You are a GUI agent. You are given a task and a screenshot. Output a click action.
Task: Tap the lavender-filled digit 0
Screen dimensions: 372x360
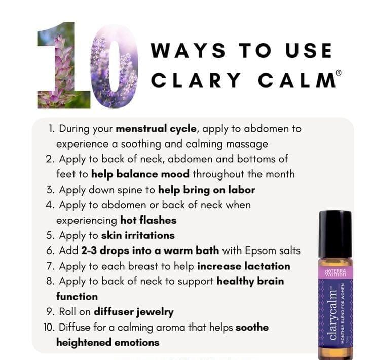coord(114,66)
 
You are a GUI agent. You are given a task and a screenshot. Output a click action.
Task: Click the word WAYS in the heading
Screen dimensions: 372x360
coord(188,50)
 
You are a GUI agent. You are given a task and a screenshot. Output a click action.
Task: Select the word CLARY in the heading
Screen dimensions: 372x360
coord(196,80)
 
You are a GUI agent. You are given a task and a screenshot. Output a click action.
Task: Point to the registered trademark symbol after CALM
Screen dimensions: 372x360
coord(339,73)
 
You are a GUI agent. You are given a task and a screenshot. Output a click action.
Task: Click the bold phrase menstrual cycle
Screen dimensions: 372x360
coord(156,129)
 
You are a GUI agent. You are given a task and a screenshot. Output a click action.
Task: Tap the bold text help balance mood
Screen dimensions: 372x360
coord(140,174)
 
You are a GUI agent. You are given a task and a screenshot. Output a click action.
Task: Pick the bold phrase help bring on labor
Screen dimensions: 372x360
coord(207,190)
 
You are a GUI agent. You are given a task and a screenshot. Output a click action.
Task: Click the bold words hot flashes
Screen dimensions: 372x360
coord(148,220)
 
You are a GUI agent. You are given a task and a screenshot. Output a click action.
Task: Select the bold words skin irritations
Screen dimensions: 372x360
coord(138,235)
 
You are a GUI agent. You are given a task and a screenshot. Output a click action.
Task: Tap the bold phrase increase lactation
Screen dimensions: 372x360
coord(244,266)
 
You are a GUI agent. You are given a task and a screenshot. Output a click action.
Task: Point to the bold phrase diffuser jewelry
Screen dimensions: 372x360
coord(134,312)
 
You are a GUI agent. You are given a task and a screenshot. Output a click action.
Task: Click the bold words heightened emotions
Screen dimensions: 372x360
coord(108,343)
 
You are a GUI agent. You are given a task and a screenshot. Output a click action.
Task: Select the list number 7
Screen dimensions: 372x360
coord(50,266)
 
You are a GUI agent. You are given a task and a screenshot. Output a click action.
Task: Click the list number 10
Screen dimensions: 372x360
coord(49,327)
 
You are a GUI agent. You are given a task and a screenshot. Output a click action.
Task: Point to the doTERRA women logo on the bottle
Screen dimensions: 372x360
coord(335,273)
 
